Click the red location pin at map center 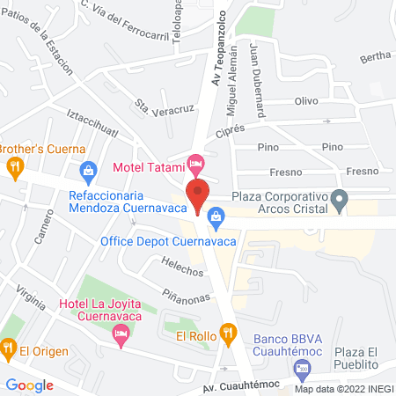(197, 194)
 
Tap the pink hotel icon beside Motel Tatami (197, 164)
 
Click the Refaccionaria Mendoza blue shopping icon (87, 169)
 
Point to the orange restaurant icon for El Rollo (229, 333)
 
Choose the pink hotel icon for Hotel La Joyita (121, 334)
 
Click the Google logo (30, 385)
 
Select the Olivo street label (305, 101)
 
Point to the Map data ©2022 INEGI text (343, 389)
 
